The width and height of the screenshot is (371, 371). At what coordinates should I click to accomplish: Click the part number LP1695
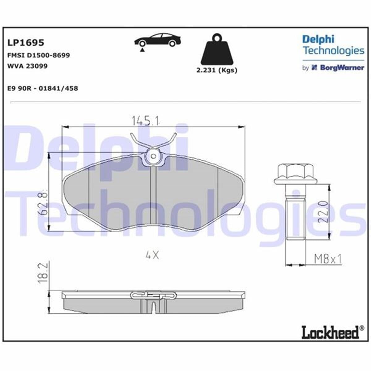[26, 42]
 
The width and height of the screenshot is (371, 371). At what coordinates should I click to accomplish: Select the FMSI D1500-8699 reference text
[38, 55]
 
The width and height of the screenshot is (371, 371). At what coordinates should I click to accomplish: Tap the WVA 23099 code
[27, 66]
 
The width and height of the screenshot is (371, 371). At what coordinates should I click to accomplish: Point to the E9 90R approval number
[42, 88]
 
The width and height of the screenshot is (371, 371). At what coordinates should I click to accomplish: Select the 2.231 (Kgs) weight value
[217, 70]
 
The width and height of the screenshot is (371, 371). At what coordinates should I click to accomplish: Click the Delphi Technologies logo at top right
[333, 45]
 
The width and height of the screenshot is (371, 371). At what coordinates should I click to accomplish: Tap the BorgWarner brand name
[342, 68]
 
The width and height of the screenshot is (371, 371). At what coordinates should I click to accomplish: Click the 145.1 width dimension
[146, 121]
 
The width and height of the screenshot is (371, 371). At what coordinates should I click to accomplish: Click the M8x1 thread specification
[327, 259]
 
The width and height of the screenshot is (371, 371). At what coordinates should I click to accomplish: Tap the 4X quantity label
[152, 255]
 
